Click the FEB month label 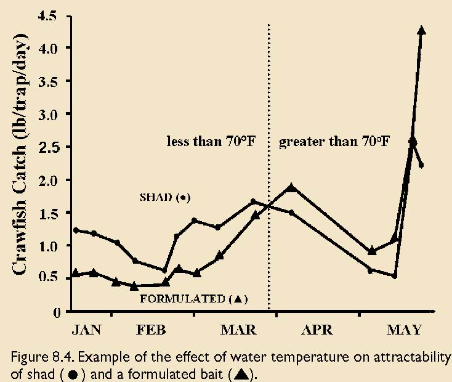click(151, 330)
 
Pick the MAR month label click(238, 330)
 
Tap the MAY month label click(404, 330)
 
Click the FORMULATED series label click(193, 299)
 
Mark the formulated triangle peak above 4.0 click(421, 30)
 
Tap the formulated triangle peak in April click(292, 187)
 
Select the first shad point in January click(76, 230)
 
